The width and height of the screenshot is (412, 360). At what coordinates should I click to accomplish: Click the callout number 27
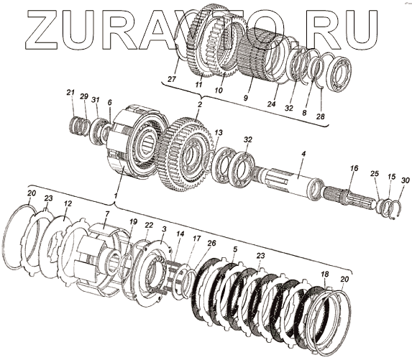pos(172,79)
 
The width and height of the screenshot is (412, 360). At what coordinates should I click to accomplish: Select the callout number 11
pos(198,85)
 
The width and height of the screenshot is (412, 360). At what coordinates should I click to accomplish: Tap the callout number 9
pos(245,98)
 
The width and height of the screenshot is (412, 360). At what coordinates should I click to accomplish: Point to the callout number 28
pos(321,116)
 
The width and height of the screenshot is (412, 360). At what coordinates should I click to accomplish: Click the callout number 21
pos(70,93)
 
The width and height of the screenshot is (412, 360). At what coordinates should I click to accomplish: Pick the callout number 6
pos(109,103)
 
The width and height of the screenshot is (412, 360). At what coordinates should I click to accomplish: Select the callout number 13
pos(219,133)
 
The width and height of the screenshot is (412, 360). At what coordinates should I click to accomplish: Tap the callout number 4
pos(303,154)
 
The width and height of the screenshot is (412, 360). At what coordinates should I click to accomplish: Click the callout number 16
pos(354,168)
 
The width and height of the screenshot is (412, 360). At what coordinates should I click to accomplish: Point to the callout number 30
pos(405,180)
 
